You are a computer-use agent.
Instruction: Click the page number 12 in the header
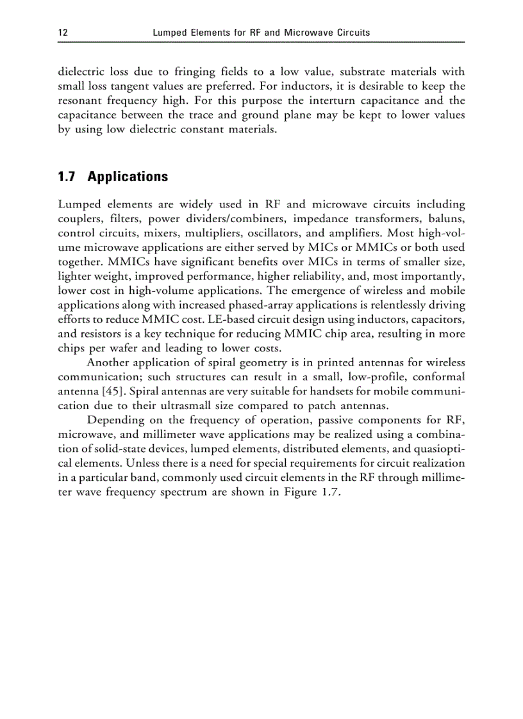tap(62, 32)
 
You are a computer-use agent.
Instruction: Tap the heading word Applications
tap(128, 177)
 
